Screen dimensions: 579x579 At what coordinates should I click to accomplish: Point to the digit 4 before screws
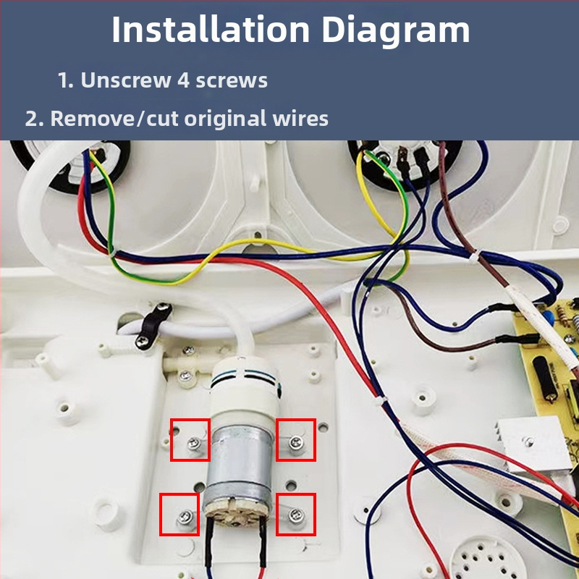(x=184, y=80)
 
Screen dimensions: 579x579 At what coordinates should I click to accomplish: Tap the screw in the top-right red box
(x=296, y=440)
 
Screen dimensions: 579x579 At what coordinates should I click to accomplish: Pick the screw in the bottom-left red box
(x=184, y=517)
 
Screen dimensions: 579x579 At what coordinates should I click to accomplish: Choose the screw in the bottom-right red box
(x=294, y=515)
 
